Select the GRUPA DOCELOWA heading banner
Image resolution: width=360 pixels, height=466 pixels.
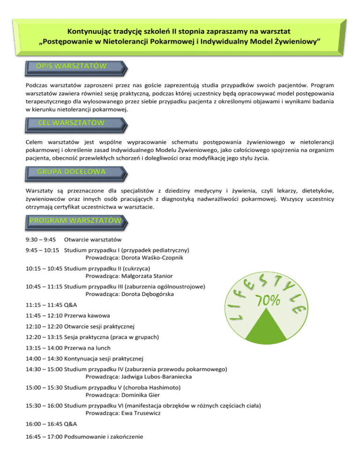[x=72, y=172]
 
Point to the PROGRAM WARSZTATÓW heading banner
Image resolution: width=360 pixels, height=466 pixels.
[x=75, y=220]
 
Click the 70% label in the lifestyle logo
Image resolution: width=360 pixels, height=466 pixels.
[x=268, y=299]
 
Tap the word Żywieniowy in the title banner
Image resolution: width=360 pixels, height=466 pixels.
[x=296, y=43]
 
